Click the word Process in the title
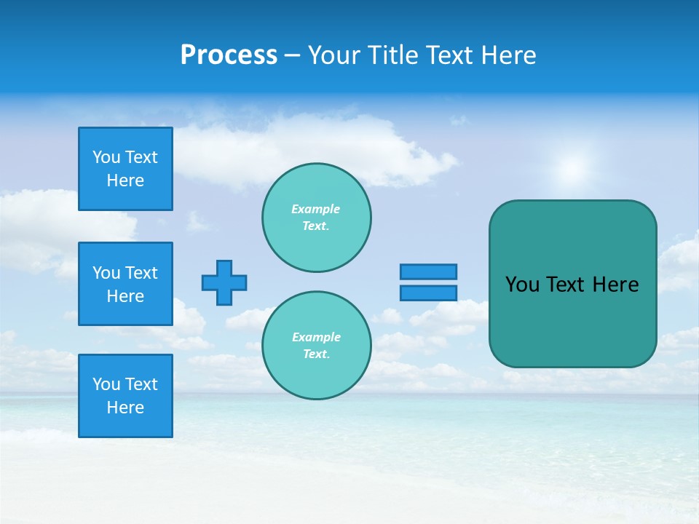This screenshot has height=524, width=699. point(229,55)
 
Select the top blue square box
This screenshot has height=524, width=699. point(125,169)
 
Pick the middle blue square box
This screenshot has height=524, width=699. point(125,284)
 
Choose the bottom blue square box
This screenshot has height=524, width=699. point(125,396)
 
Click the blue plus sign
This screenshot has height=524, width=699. point(224,282)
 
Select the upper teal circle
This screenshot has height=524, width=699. point(316,218)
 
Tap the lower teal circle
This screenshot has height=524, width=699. point(316,346)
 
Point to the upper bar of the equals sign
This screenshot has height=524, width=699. point(428,271)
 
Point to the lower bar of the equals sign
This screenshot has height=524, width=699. point(428,293)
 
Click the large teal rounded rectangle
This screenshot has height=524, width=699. point(572,320)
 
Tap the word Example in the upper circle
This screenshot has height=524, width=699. point(315,209)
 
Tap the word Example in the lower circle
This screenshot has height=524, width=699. point(316,337)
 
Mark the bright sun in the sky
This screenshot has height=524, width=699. point(572,169)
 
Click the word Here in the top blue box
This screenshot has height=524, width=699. point(125,180)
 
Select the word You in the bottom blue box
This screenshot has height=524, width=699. point(106,384)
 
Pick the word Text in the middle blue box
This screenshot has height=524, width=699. point(141,273)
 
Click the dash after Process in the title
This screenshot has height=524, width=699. point(292,55)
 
